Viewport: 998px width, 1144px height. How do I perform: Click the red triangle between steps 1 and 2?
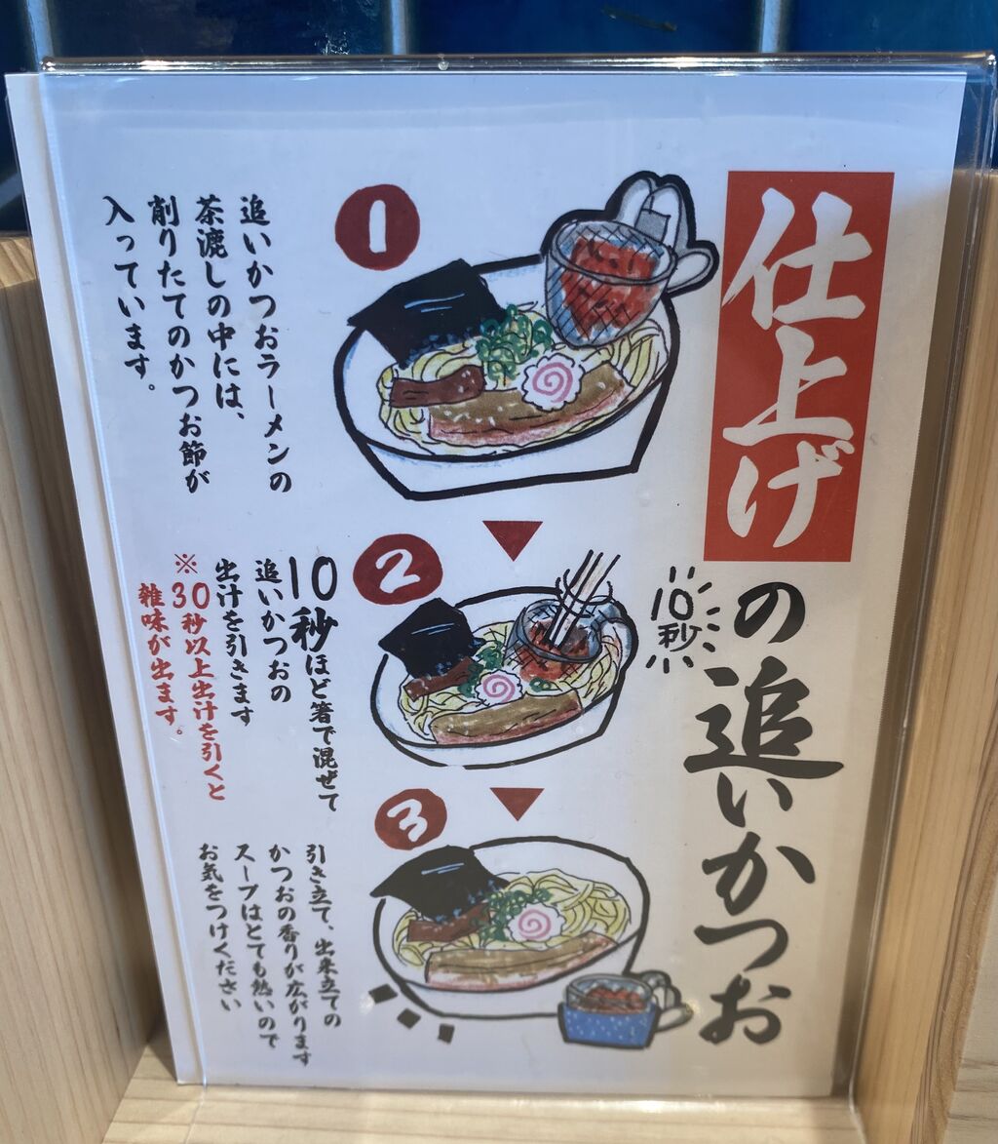pyautogui.click(x=515, y=537)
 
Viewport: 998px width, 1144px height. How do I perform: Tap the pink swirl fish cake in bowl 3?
pyautogui.click(x=536, y=927)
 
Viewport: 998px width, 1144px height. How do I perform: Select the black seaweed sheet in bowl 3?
pyautogui.click(x=438, y=885)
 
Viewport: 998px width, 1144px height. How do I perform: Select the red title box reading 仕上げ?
pyautogui.click(x=797, y=366)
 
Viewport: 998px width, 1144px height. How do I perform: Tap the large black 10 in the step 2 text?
pyautogui.click(x=314, y=582)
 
